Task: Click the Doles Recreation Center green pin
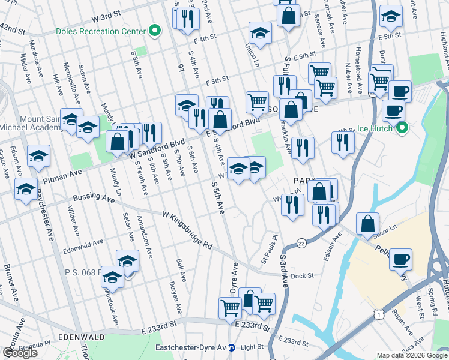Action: click(x=155, y=31)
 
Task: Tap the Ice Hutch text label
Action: click(x=375, y=128)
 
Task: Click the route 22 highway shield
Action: click(x=301, y=242)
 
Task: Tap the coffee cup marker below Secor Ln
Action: click(x=401, y=259)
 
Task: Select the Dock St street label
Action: click(x=303, y=275)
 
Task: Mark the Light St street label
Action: click(x=252, y=347)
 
